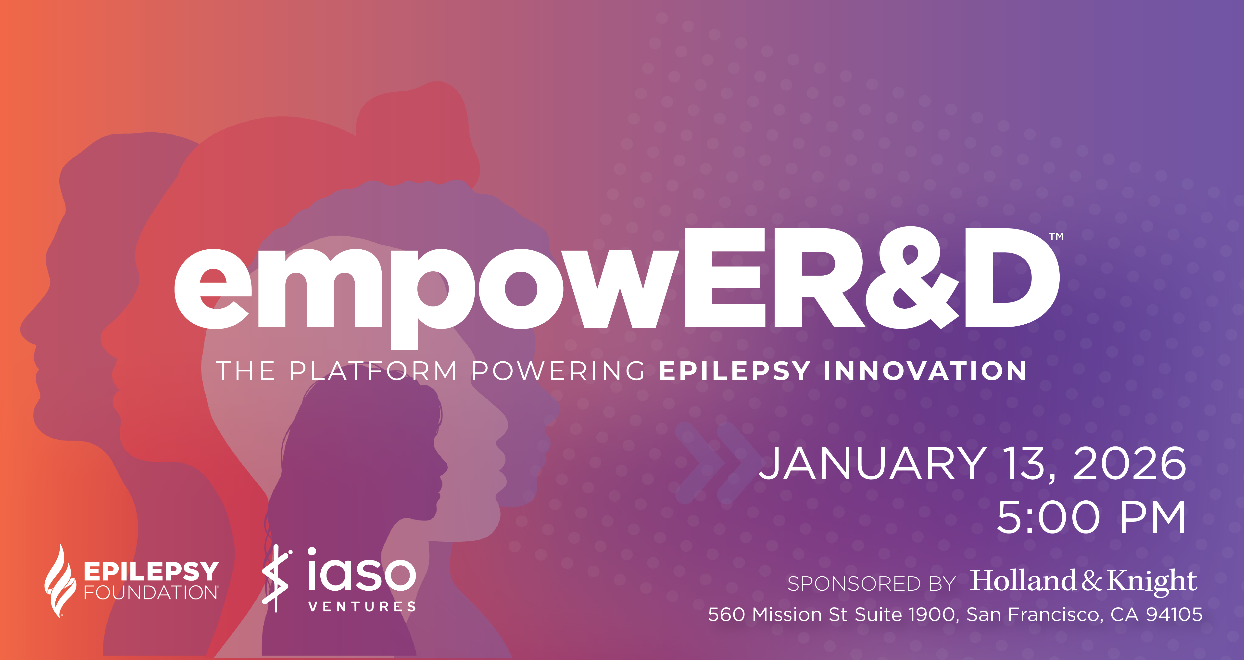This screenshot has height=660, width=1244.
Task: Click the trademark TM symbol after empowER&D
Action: click(1057, 236)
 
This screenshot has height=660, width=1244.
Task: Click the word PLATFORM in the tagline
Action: click(373, 371)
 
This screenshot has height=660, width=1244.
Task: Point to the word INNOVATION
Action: click(925, 371)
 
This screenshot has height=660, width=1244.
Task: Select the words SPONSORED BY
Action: click(872, 584)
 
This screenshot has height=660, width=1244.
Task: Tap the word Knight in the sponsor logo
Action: click(1152, 581)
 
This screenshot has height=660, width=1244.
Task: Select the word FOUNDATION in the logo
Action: click(151, 592)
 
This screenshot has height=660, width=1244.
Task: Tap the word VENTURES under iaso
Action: click(362, 606)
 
